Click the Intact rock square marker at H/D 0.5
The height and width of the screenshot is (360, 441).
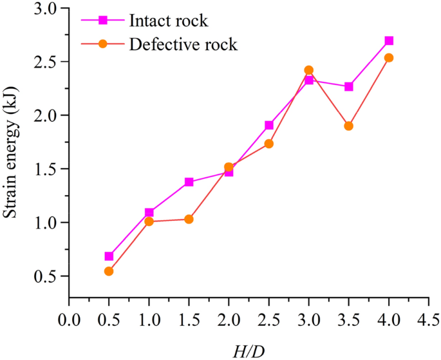[109, 256]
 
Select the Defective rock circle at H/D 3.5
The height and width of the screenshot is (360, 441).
[348, 126]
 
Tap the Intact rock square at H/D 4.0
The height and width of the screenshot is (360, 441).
[389, 41]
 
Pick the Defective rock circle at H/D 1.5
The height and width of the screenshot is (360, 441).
[189, 219]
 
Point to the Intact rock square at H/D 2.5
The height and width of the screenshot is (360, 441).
[269, 125]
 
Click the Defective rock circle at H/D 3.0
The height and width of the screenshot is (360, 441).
[308, 70]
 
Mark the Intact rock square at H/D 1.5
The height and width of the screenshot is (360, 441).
[189, 182]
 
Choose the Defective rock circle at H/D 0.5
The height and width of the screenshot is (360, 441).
[109, 271]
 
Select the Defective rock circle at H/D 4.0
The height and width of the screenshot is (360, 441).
[389, 58]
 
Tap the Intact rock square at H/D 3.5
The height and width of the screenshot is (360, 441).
[348, 87]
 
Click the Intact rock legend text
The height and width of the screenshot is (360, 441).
[169, 21]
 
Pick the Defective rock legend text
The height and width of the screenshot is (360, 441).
[183, 44]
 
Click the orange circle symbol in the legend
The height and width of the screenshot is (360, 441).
[103, 44]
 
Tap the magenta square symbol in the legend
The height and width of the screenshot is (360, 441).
[103, 20]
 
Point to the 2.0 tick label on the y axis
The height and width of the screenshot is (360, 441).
[47, 115]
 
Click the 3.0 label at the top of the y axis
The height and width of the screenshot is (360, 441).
[47, 8]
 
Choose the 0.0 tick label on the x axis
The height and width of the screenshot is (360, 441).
[69, 320]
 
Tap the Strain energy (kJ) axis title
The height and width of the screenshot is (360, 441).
[10, 153]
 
